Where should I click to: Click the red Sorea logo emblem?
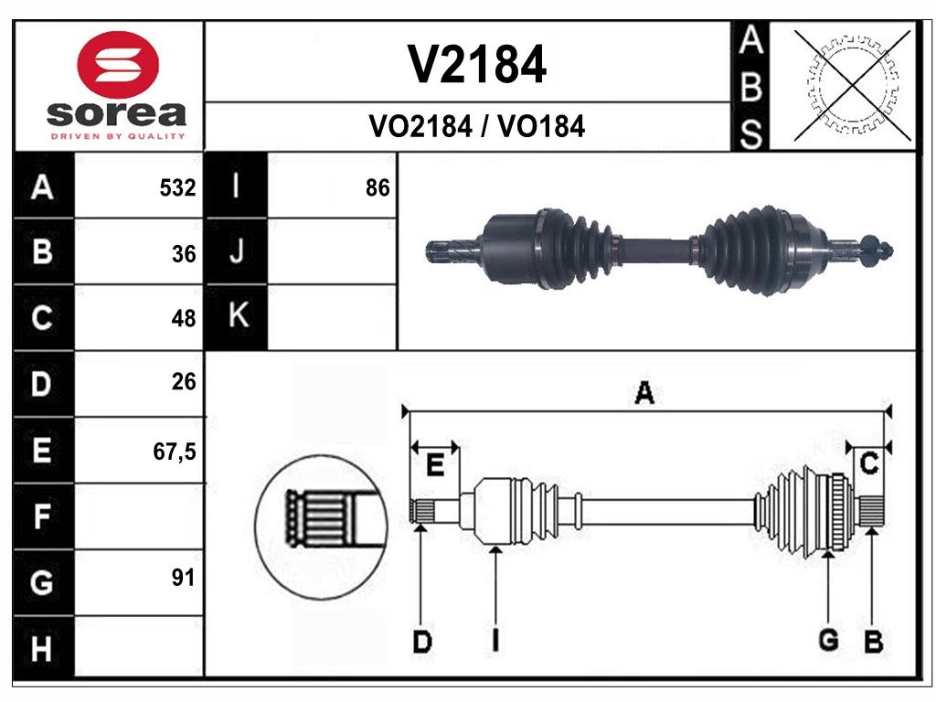click(119, 64)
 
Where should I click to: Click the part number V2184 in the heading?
click(476, 64)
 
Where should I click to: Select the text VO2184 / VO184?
click(476, 127)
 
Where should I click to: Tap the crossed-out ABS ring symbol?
click(853, 86)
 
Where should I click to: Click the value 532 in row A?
click(177, 188)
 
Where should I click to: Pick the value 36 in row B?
click(184, 254)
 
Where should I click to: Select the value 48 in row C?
click(184, 318)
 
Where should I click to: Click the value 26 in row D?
click(184, 382)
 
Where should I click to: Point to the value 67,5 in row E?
click(175, 450)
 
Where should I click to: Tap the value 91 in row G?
click(184, 578)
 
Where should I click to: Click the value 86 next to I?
click(377, 188)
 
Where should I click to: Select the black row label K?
click(237, 316)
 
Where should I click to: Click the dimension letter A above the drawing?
click(643, 394)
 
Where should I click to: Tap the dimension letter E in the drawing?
click(435, 465)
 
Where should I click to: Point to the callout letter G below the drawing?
click(828, 641)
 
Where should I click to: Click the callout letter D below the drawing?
click(421, 642)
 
